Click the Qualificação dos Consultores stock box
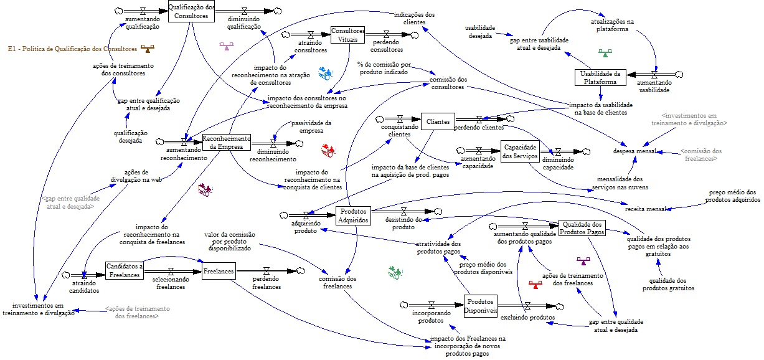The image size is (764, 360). [191, 12]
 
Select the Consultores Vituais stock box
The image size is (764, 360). [347, 35]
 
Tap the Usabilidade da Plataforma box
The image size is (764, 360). [600, 77]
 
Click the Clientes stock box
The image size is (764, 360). [438, 122]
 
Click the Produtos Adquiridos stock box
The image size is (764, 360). [354, 216]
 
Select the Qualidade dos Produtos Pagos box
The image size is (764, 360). [582, 228]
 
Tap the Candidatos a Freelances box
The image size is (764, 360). [125, 270]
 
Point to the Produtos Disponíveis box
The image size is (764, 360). [481, 305]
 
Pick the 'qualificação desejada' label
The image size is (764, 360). [127, 137]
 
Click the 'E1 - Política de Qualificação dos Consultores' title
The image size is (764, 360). [72, 49]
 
